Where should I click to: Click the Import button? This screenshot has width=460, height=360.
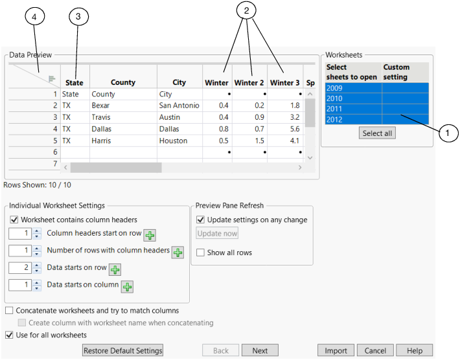[x=336, y=350]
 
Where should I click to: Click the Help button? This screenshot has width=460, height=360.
[x=414, y=350]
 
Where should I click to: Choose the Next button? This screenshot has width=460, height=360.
[x=260, y=350]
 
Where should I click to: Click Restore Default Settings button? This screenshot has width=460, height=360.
[x=123, y=350]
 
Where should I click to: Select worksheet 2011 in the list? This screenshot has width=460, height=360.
[x=354, y=109]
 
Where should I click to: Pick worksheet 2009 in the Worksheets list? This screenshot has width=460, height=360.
[x=354, y=88]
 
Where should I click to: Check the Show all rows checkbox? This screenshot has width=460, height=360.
[x=201, y=253]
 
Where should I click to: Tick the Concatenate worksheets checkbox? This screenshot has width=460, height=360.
[x=9, y=311]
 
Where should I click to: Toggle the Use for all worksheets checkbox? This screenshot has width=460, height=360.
[x=9, y=335]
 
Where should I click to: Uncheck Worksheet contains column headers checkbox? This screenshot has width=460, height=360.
[x=15, y=220]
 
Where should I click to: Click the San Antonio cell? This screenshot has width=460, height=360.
[x=179, y=106]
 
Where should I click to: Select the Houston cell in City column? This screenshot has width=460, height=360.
[x=173, y=141]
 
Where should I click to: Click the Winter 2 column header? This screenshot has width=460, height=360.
[x=249, y=83]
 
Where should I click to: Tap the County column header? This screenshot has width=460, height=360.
[x=123, y=83]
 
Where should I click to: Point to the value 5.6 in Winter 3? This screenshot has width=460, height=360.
[x=293, y=129]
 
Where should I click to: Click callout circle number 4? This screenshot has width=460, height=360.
[x=35, y=17]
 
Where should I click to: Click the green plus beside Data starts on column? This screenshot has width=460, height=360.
[x=128, y=286]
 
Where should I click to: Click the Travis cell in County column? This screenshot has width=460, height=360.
[x=102, y=117]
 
